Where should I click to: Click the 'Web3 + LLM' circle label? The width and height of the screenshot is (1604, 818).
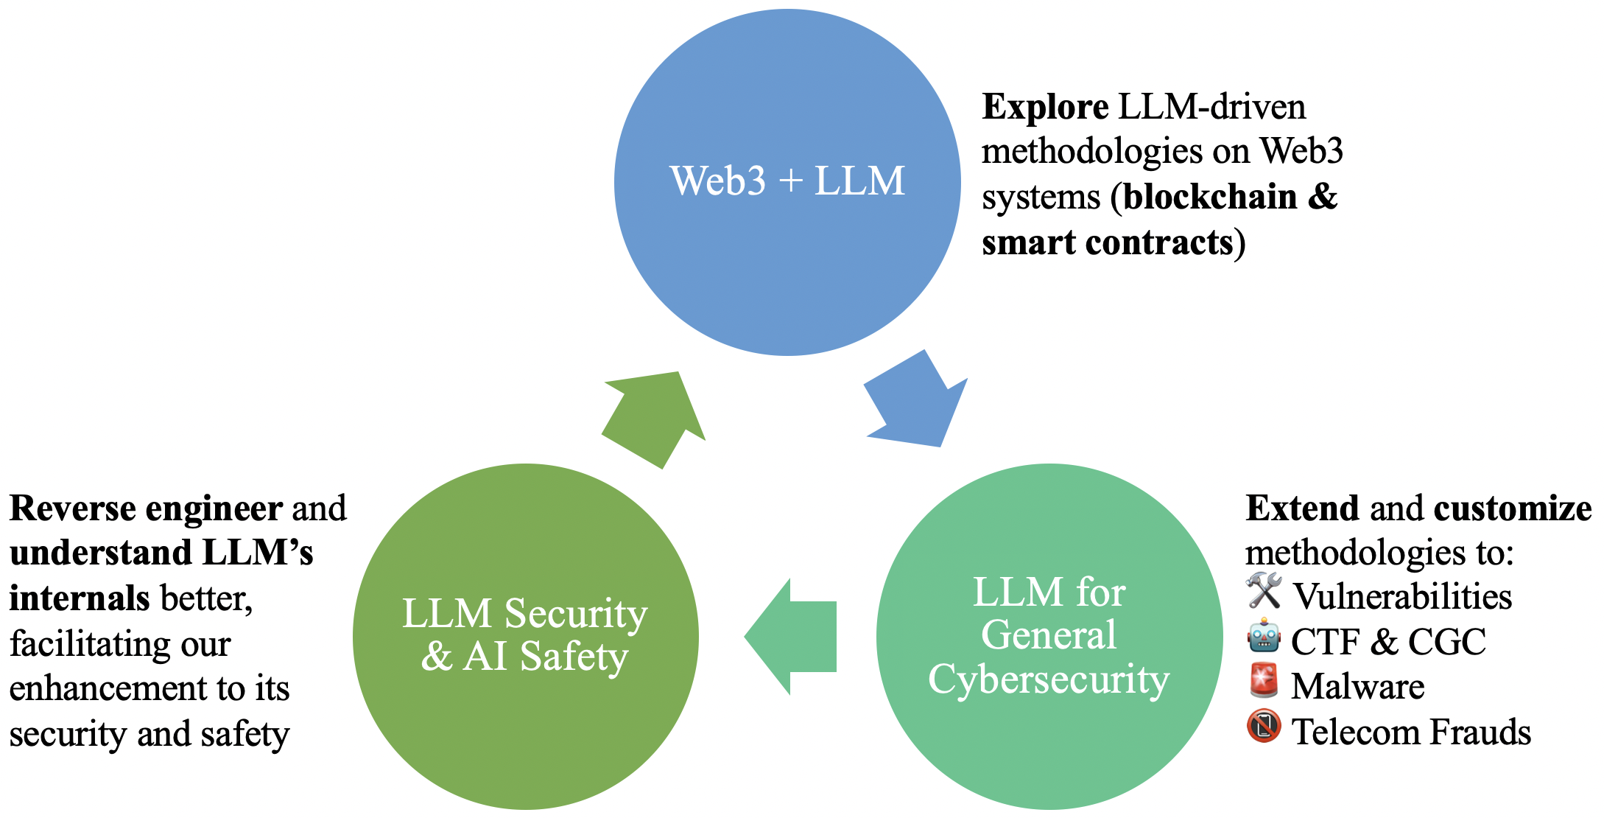click(x=787, y=181)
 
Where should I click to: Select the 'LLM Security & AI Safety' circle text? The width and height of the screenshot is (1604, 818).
click(x=524, y=635)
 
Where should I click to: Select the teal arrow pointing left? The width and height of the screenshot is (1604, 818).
click(x=792, y=637)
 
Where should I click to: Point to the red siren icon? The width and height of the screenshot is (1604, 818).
click(x=1264, y=682)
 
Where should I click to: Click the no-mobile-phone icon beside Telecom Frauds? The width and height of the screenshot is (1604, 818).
click(x=1264, y=727)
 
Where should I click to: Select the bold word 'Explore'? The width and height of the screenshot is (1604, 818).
click(x=1044, y=108)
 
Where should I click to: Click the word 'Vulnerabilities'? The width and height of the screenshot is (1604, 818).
click(x=1402, y=597)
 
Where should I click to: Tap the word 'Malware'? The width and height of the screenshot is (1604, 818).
click(x=1357, y=687)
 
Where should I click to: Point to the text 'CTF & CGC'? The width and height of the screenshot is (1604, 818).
click(x=1388, y=642)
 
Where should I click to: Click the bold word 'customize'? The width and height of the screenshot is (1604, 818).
click(x=1512, y=508)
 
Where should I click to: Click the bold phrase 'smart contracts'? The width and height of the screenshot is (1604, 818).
click(x=1107, y=243)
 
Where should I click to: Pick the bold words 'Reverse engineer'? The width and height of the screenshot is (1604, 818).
click(x=146, y=508)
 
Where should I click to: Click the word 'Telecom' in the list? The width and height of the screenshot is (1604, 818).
click(x=1355, y=733)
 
